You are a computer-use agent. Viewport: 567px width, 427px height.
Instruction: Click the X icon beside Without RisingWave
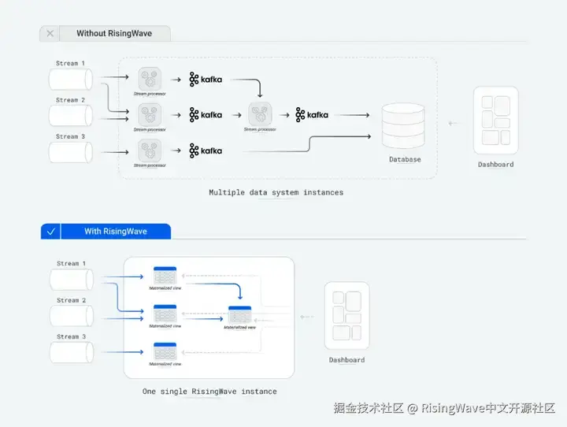(x=50, y=34)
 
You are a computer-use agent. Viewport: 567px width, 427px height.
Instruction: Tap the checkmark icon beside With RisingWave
(x=50, y=232)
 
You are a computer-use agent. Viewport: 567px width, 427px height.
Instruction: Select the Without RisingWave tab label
(x=113, y=34)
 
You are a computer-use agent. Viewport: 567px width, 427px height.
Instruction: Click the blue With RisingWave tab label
(x=116, y=232)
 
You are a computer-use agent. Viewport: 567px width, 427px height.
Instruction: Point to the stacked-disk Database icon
(x=402, y=125)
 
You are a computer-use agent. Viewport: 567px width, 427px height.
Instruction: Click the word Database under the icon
(x=405, y=159)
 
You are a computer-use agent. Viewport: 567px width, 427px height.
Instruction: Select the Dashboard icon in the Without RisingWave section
(x=495, y=120)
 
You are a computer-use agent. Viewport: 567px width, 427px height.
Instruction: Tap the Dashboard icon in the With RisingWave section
(x=346, y=316)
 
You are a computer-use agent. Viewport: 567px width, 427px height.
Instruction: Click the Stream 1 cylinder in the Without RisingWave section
(x=71, y=79)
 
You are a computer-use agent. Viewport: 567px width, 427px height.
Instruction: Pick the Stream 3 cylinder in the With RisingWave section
(x=71, y=352)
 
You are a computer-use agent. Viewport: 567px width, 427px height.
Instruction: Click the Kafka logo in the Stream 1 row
(x=206, y=79)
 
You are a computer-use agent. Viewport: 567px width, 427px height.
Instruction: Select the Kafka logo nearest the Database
(x=312, y=114)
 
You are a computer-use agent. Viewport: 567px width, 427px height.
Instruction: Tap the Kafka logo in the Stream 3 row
(x=206, y=150)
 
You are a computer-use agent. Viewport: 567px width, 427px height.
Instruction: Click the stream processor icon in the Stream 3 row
(x=150, y=150)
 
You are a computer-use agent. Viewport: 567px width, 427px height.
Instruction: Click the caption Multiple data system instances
(x=276, y=192)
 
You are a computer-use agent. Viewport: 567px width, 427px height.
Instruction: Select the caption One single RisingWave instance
(x=209, y=391)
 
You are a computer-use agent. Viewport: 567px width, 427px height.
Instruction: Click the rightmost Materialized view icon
(x=239, y=314)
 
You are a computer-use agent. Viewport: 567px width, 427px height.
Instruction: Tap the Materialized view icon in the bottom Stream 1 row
(x=165, y=277)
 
